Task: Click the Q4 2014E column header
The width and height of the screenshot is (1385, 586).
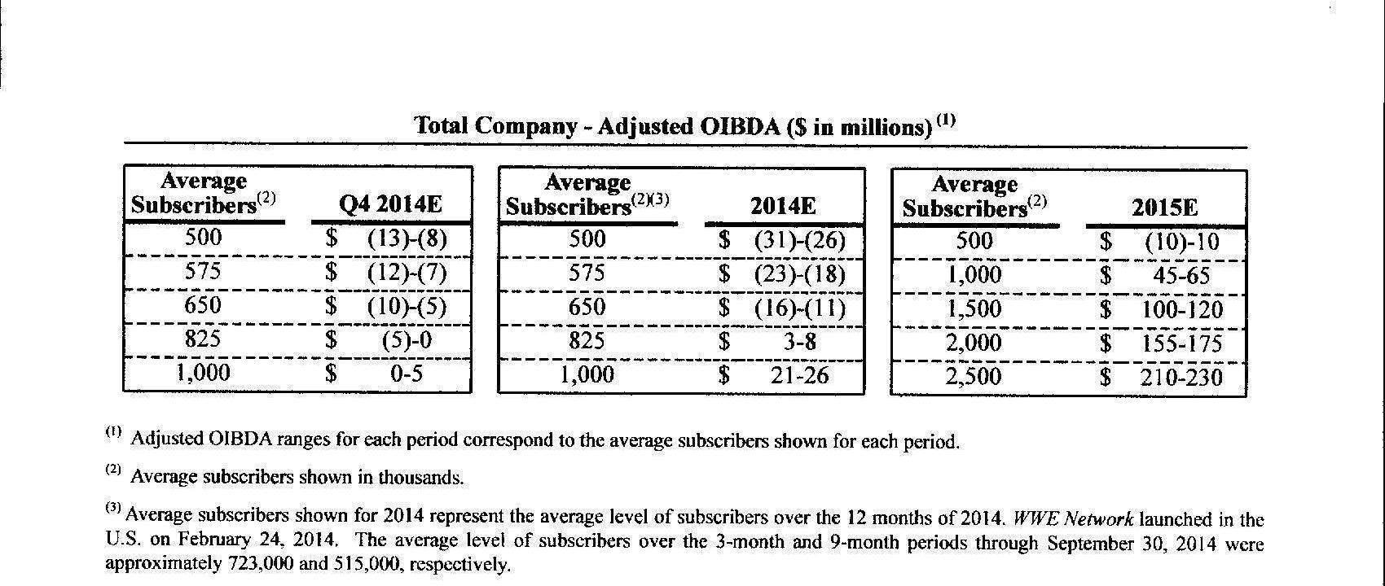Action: pyautogui.click(x=390, y=204)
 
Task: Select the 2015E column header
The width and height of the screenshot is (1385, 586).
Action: pyautogui.click(x=1165, y=208)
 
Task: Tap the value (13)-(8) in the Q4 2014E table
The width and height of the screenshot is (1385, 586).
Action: pyautogui.click(x=407, y=239)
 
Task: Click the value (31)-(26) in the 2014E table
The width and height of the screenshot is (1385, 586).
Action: pyautogui.click(x=799, y=240)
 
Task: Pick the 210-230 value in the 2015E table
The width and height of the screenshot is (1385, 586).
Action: pyautogui.click(x=1181, y=378)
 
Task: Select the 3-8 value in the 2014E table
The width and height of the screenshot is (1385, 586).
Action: pyautogui.click(x=799, y=341)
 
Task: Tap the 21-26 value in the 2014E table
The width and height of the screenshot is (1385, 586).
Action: pyautogui.click(x=799, y=375)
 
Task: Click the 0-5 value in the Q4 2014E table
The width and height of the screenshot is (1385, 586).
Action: pyautogui.click(x=407, y=374)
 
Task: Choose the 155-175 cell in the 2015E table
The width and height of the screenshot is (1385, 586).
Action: pyautogui.click(x=1181, y=343)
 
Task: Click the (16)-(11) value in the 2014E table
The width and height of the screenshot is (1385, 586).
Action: pyautogui.click(x=799, y=308)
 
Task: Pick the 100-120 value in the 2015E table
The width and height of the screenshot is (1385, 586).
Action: pyautogui.click(x=1181, y=310)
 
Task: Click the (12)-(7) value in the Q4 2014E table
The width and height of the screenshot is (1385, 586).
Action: pyautogui.click(x=407, y=272)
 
